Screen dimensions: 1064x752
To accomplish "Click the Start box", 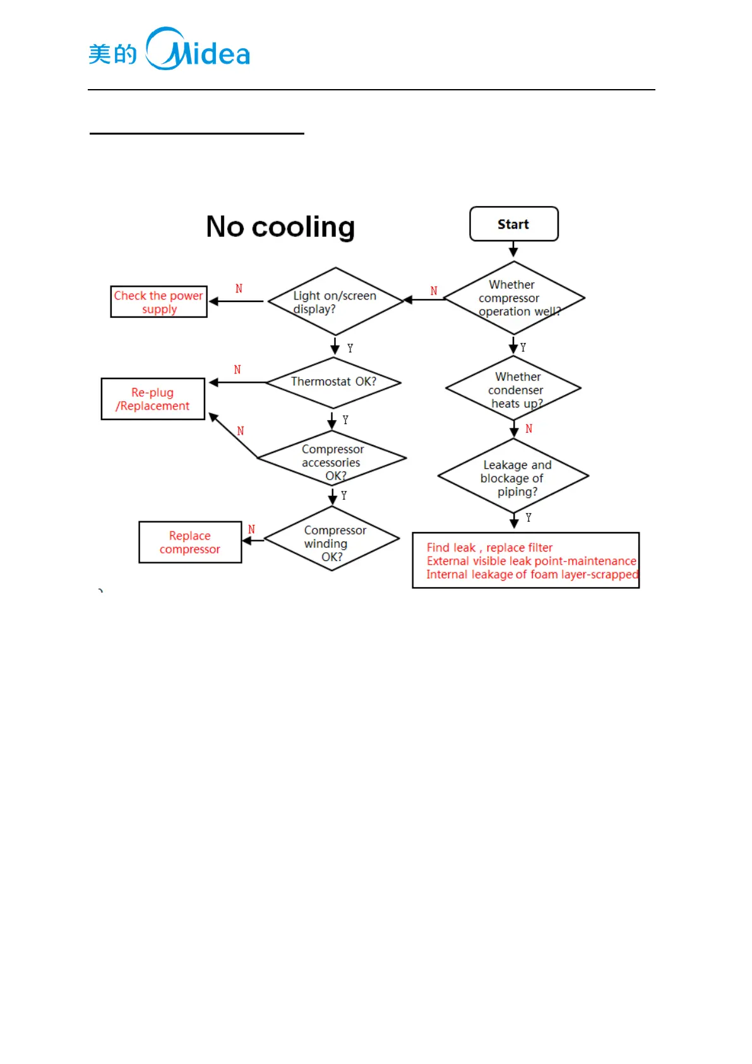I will tap(513, 224).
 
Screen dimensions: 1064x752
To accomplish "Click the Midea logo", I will tap(169, 50).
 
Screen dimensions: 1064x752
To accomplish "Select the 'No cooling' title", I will tap(280, 227).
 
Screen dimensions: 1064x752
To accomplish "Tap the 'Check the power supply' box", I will tap(158, 302).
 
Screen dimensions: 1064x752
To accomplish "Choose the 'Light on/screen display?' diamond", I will tap(335, 301).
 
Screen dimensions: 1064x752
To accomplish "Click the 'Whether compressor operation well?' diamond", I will tap(514, 298).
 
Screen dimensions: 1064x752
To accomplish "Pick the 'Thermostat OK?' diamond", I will tap(333, 382).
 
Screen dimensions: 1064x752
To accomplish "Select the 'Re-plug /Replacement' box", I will tap(153, 399).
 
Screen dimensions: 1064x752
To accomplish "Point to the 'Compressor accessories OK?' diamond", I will tap(332, 459).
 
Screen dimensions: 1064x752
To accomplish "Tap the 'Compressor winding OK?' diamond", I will tap(331, 539).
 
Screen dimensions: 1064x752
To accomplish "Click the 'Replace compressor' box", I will tap(190, 542).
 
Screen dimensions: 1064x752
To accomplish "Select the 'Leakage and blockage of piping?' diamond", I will tap(513, 476).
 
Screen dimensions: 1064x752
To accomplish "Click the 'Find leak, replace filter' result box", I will tap(525, 560).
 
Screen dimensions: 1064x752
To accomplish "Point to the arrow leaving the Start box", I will tap(513, 249).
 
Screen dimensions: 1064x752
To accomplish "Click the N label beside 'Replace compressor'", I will tap(251, 529).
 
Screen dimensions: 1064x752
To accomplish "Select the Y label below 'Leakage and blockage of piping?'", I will tap(528, 517).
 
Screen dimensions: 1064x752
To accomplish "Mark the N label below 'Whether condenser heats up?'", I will tap(529, 429).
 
